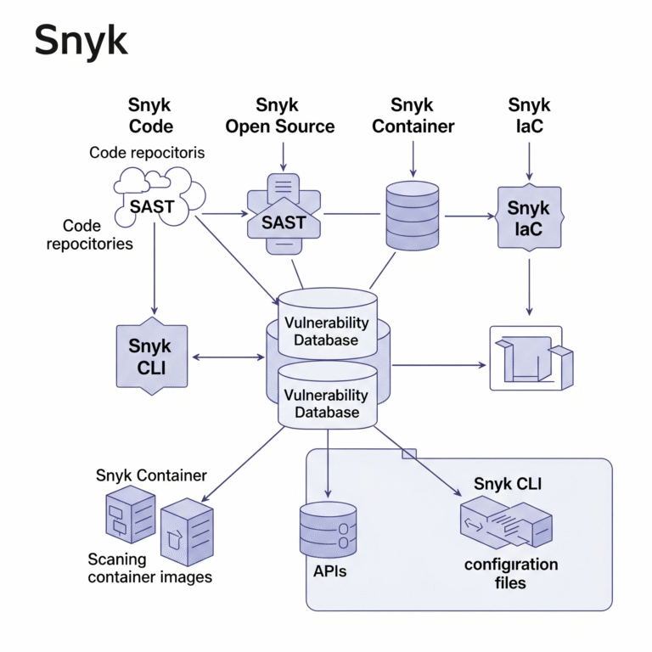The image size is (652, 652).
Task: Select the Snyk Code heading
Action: click(150, 116)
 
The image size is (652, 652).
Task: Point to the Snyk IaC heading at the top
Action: click(529, 116)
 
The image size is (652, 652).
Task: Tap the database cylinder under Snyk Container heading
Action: click(413, 211)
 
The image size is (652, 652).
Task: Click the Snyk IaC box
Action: click(529, 218)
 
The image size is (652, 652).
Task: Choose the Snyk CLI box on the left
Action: click(149, 357)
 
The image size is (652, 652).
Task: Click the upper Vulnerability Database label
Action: click(327, 332)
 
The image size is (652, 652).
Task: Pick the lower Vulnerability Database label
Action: click(327, 404)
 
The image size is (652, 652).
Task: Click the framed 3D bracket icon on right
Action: click(526, 357)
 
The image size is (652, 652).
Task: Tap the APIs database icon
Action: click(329, 531)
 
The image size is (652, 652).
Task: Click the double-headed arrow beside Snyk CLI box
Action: click(228, 357)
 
